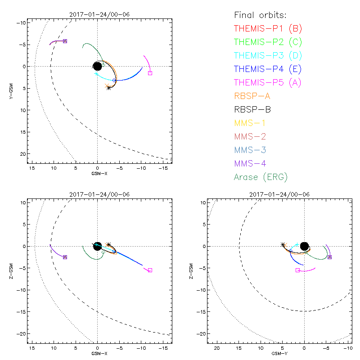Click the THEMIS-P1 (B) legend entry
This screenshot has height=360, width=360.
268,29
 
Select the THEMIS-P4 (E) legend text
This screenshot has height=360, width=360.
268,69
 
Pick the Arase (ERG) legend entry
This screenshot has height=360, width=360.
261,177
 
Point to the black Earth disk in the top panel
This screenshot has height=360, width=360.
97,66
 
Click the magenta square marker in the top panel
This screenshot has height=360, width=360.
150,73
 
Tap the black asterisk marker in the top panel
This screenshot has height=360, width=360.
108,88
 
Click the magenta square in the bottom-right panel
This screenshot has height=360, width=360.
297,270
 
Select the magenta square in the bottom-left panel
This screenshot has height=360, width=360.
150,270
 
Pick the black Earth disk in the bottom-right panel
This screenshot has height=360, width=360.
304,246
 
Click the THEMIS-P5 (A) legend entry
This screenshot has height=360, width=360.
268,83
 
